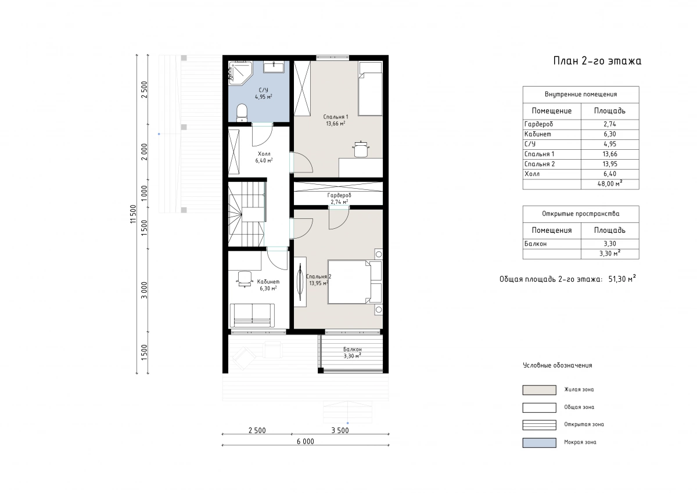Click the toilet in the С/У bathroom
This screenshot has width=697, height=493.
242,113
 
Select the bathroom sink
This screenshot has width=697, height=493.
274,67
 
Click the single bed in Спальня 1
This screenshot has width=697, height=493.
370,89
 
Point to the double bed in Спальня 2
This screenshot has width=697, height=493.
355,282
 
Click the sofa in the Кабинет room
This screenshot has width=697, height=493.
252,315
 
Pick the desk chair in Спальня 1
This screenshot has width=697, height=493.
361,149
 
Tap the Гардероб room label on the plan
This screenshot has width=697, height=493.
339,195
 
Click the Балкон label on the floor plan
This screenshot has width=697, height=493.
352,350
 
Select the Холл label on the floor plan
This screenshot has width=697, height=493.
264,154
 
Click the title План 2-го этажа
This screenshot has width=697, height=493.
597,60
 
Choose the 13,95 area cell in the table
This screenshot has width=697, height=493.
610,164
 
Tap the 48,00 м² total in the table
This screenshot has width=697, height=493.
610,183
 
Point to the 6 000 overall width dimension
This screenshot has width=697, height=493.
306,442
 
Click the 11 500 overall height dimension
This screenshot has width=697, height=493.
134,214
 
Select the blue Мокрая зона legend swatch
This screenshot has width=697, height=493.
539,442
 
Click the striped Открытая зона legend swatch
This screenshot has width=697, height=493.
539,425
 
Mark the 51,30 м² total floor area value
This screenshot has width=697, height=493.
622,279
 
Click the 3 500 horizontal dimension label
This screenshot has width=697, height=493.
340,430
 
